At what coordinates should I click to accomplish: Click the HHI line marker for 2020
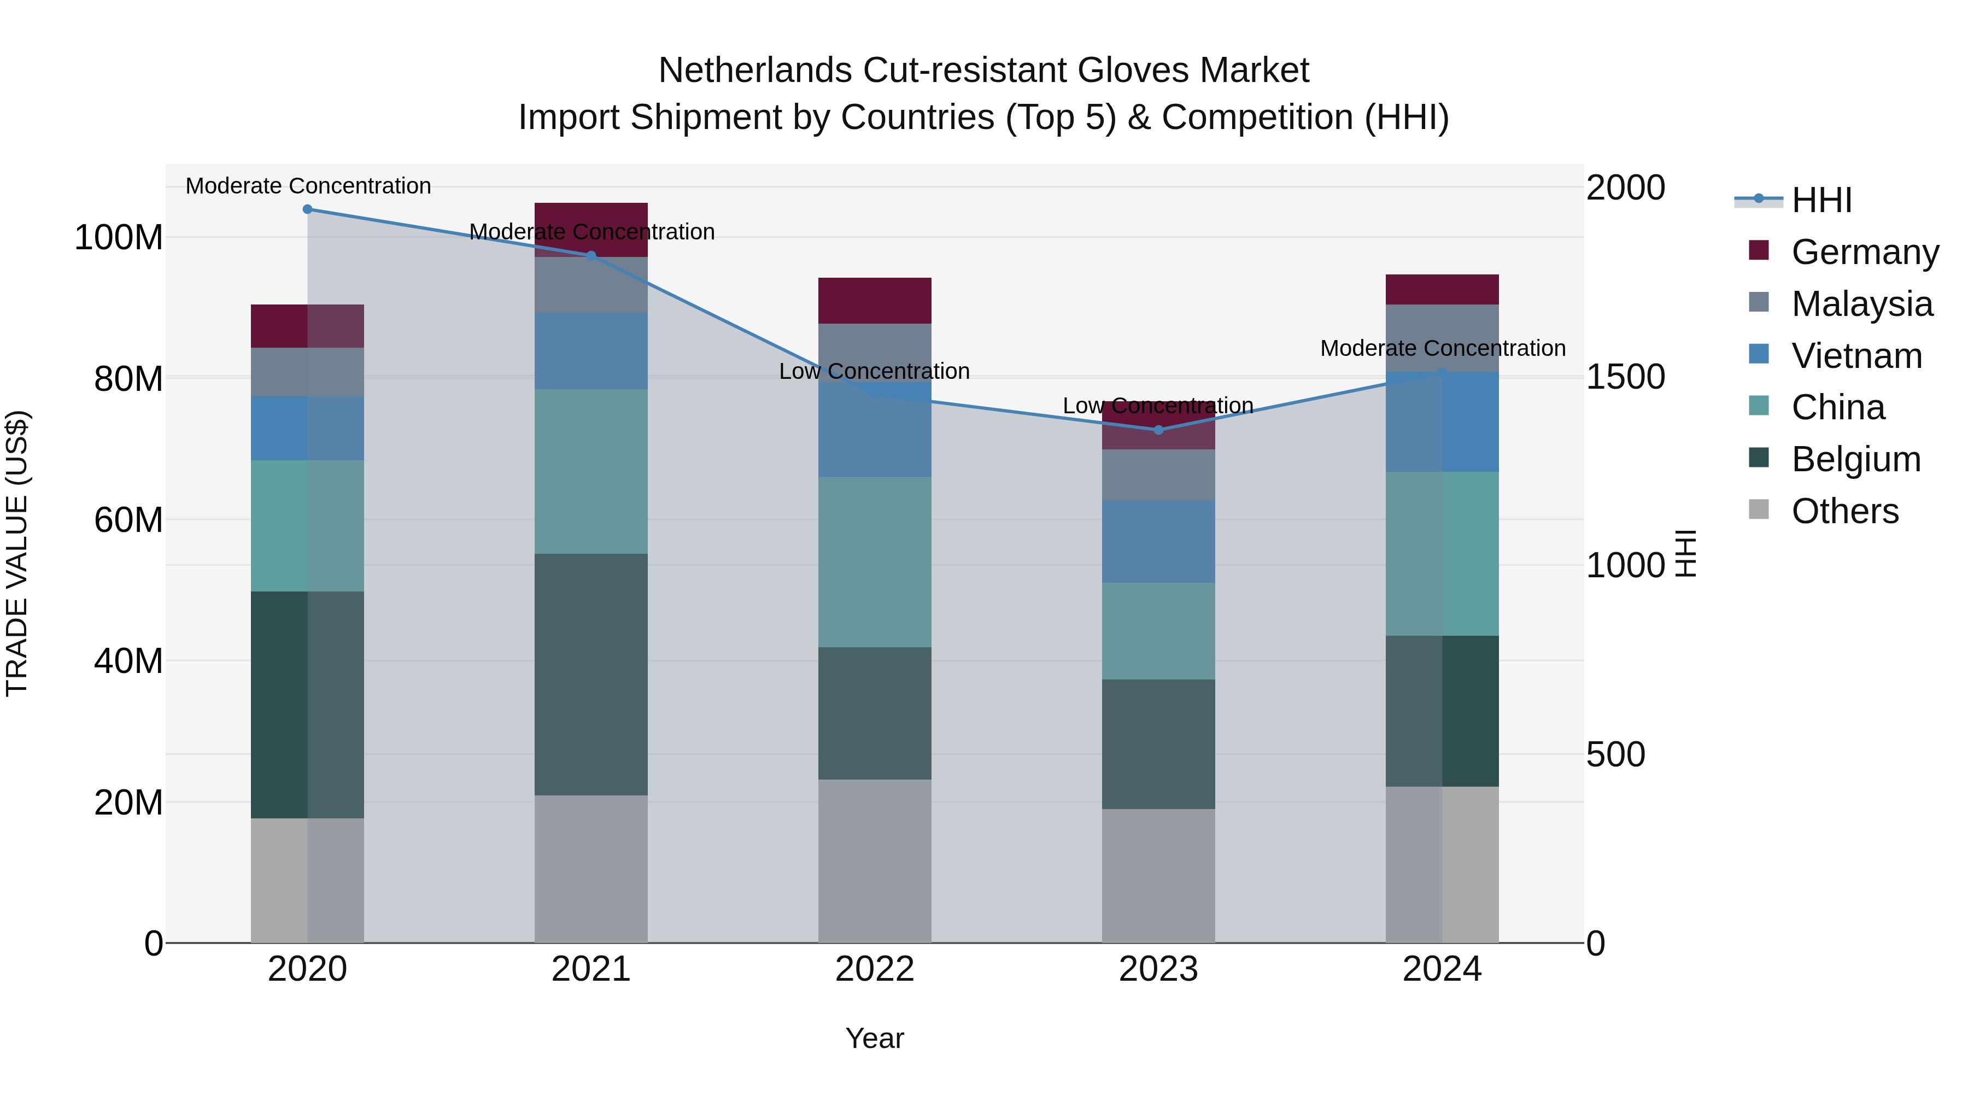tap(307, 209)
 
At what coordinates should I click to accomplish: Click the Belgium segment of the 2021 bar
tap(590, 674)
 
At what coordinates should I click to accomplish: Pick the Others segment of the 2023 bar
tap(1158, 876)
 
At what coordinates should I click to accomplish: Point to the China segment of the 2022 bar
tap(875, 563)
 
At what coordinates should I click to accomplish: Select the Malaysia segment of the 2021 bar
tap(590, 284)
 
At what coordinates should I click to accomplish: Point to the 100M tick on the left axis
tap(119, 238)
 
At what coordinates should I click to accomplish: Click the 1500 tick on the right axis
tap(1625, 377)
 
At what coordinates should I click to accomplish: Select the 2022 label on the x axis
tap(875, 969)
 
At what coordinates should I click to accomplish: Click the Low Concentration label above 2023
tap(1158, 406)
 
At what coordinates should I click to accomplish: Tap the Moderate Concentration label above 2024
tap(1443, 348)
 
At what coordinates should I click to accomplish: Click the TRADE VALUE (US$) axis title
tap(17, 553)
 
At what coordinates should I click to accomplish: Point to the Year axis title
tap(875, 1038)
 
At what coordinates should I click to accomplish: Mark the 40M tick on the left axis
tap(128, 661)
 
